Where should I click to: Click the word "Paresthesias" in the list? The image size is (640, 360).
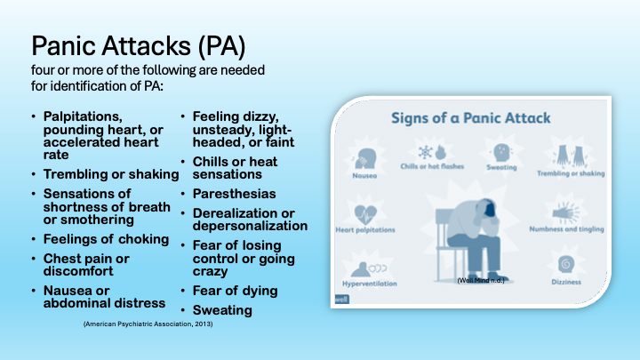point(234,194)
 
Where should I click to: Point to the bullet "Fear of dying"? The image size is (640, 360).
point(235,291)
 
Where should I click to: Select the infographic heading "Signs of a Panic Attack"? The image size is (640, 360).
point(472,118)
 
